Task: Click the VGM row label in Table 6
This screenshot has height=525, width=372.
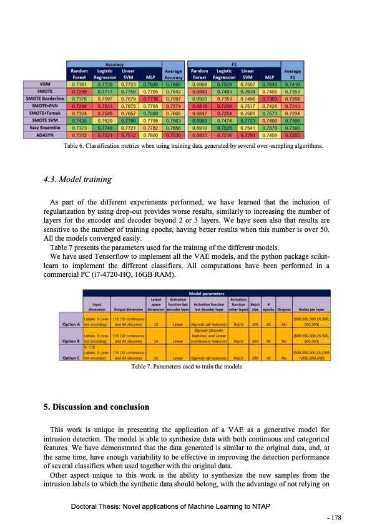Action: pos(46,84)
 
